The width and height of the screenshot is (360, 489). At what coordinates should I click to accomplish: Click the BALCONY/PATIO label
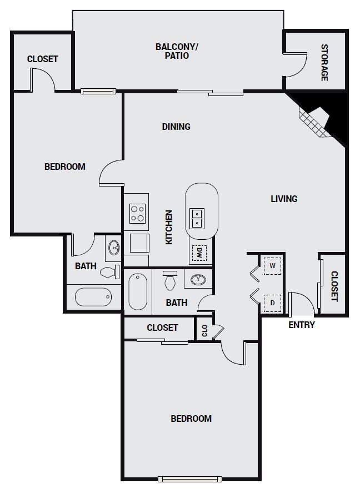(x=177, y=51)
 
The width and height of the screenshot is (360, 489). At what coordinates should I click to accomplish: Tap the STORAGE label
(x=324, y=63)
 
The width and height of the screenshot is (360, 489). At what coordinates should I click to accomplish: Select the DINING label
(x=176, y=127)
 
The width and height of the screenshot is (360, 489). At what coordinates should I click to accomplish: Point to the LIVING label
(x=284, y=199)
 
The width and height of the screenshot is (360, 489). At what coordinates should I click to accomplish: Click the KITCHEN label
(x=168, y=227)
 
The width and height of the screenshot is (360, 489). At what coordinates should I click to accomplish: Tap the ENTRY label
(x=301, y=325)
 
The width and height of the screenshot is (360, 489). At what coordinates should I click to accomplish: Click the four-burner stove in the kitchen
(x=138, y=214)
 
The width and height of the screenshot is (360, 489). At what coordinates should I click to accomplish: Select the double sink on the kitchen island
(x=197, y=218)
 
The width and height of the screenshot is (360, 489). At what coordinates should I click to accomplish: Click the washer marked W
(x=272, y=266)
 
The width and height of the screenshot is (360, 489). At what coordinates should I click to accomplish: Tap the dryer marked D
(x=272, y=303)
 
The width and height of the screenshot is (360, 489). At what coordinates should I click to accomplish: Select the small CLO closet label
(x=204, y=331)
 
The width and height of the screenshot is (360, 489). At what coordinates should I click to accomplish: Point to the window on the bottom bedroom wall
(x=190, y=479)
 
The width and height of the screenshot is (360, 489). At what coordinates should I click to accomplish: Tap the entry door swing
(x=302, y=303)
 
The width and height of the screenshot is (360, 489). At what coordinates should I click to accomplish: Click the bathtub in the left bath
(x=93, y=297)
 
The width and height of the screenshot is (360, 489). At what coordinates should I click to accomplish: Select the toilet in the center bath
(x=170, y=280)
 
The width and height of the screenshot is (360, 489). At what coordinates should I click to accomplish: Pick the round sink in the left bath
(x=114, y=248)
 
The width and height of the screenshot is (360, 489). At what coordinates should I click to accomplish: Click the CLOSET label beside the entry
(x=334, y=286)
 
